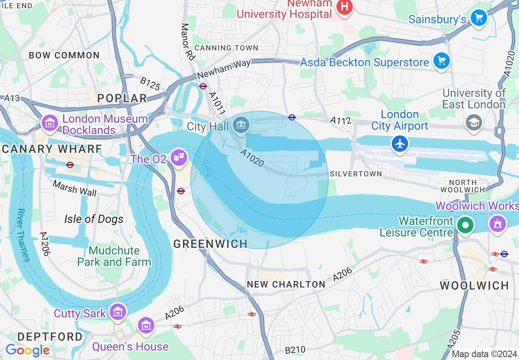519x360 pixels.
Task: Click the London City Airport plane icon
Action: (x=400, y=144)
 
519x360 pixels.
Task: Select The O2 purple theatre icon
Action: (x=178, y=157)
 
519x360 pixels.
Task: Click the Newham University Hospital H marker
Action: (x=345, y=7)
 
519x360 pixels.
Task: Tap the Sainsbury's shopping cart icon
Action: (x=478, y=18)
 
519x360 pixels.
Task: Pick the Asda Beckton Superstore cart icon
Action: (x=441, y=61)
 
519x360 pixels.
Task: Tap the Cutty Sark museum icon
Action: (x=118, y=312)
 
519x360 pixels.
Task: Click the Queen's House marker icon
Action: (x=146, y=326)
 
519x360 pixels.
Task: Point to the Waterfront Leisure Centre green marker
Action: (x=465, y=225)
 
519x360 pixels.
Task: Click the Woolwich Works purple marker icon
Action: (x=498, y=223)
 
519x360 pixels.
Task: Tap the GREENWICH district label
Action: (x=210, y=244)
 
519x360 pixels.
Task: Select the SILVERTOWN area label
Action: (x=355, y=174)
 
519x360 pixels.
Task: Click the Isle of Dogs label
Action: (x=94, y=219)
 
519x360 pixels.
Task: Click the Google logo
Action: (x=27, y=350)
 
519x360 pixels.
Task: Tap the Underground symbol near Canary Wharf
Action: (x=70, y=165)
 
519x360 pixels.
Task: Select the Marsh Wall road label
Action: (x=75, y=189)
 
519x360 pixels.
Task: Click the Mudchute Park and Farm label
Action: (x=114, y=256)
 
